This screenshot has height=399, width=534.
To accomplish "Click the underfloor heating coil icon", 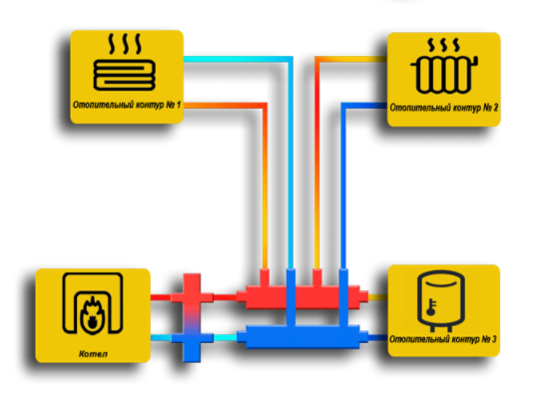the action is pos(125,75).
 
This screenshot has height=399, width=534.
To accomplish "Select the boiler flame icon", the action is pos(92,313).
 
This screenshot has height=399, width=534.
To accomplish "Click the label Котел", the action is pos(93,354).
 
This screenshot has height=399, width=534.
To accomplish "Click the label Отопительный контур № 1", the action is pos(127,105).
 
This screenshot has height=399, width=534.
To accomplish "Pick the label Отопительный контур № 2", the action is pos(444,108).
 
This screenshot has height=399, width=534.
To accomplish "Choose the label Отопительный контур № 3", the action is pos(443,339).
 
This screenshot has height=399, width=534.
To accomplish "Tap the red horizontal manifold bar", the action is pos(302,297).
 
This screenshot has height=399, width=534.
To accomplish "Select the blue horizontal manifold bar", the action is pos(302,337).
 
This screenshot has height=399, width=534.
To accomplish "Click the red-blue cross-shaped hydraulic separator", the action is pos(192,317).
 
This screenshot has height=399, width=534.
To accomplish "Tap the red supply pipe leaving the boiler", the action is pos(161,297).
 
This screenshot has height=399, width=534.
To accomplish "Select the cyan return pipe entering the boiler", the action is pos(161,338).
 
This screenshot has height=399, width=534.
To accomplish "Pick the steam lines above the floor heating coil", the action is pos(125,44).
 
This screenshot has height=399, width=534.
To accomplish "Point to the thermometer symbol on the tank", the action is pos(431,307).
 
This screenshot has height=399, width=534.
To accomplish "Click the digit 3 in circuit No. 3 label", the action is pos(493,339).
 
